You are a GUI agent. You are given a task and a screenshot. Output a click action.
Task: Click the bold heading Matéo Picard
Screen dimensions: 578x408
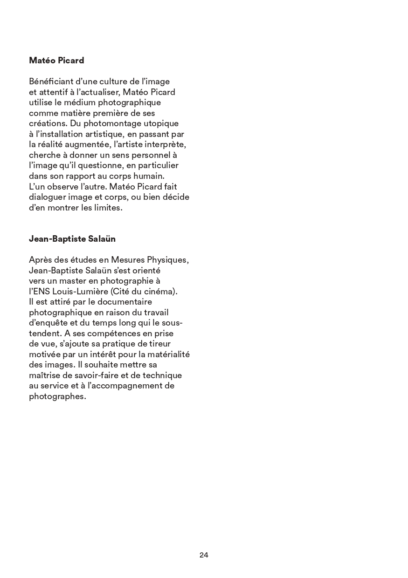pyautogui.click(x=56, y=61)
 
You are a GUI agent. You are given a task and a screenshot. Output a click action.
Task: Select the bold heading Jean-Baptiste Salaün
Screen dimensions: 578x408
pyautogui.click(x=72, y=239)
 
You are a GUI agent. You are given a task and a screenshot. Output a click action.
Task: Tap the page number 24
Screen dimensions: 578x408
pyautogui.click(x=204, y=555)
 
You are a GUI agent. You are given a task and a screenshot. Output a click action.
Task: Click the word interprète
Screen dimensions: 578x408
pyautogui.click(x=166, y=144)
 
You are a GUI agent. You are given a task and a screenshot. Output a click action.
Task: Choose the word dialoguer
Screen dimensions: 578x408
pyautogui.click(x=48, y=197)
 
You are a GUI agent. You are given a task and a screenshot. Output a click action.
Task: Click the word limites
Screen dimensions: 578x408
pyautogui.click(x=108, y=208)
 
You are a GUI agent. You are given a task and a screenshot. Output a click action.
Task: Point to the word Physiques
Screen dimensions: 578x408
pyautogui.click(x=168, y=260)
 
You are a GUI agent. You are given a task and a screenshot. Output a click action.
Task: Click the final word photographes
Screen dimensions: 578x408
pyautogui.click(x=58, y=397)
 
